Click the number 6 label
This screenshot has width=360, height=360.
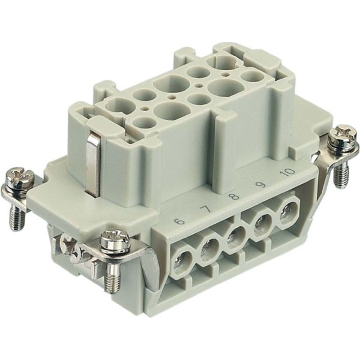(x=180, y=221)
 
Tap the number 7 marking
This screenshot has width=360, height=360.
(x=205, y=209)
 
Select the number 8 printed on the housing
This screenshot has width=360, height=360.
(x=234, y=197)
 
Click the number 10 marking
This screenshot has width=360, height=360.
(x=288, y=172)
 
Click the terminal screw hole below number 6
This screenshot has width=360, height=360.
(x=182, y=262)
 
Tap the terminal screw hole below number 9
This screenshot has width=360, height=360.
(x=262, y=224)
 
